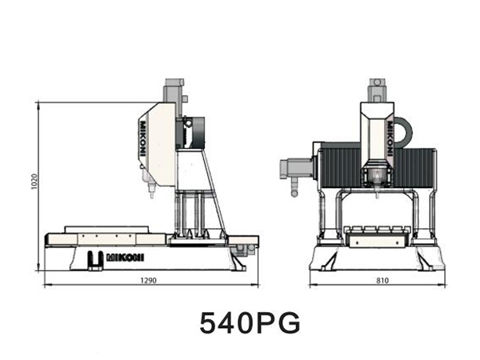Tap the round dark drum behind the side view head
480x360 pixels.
tap(194, 133)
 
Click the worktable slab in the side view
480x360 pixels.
tap(104, 238)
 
